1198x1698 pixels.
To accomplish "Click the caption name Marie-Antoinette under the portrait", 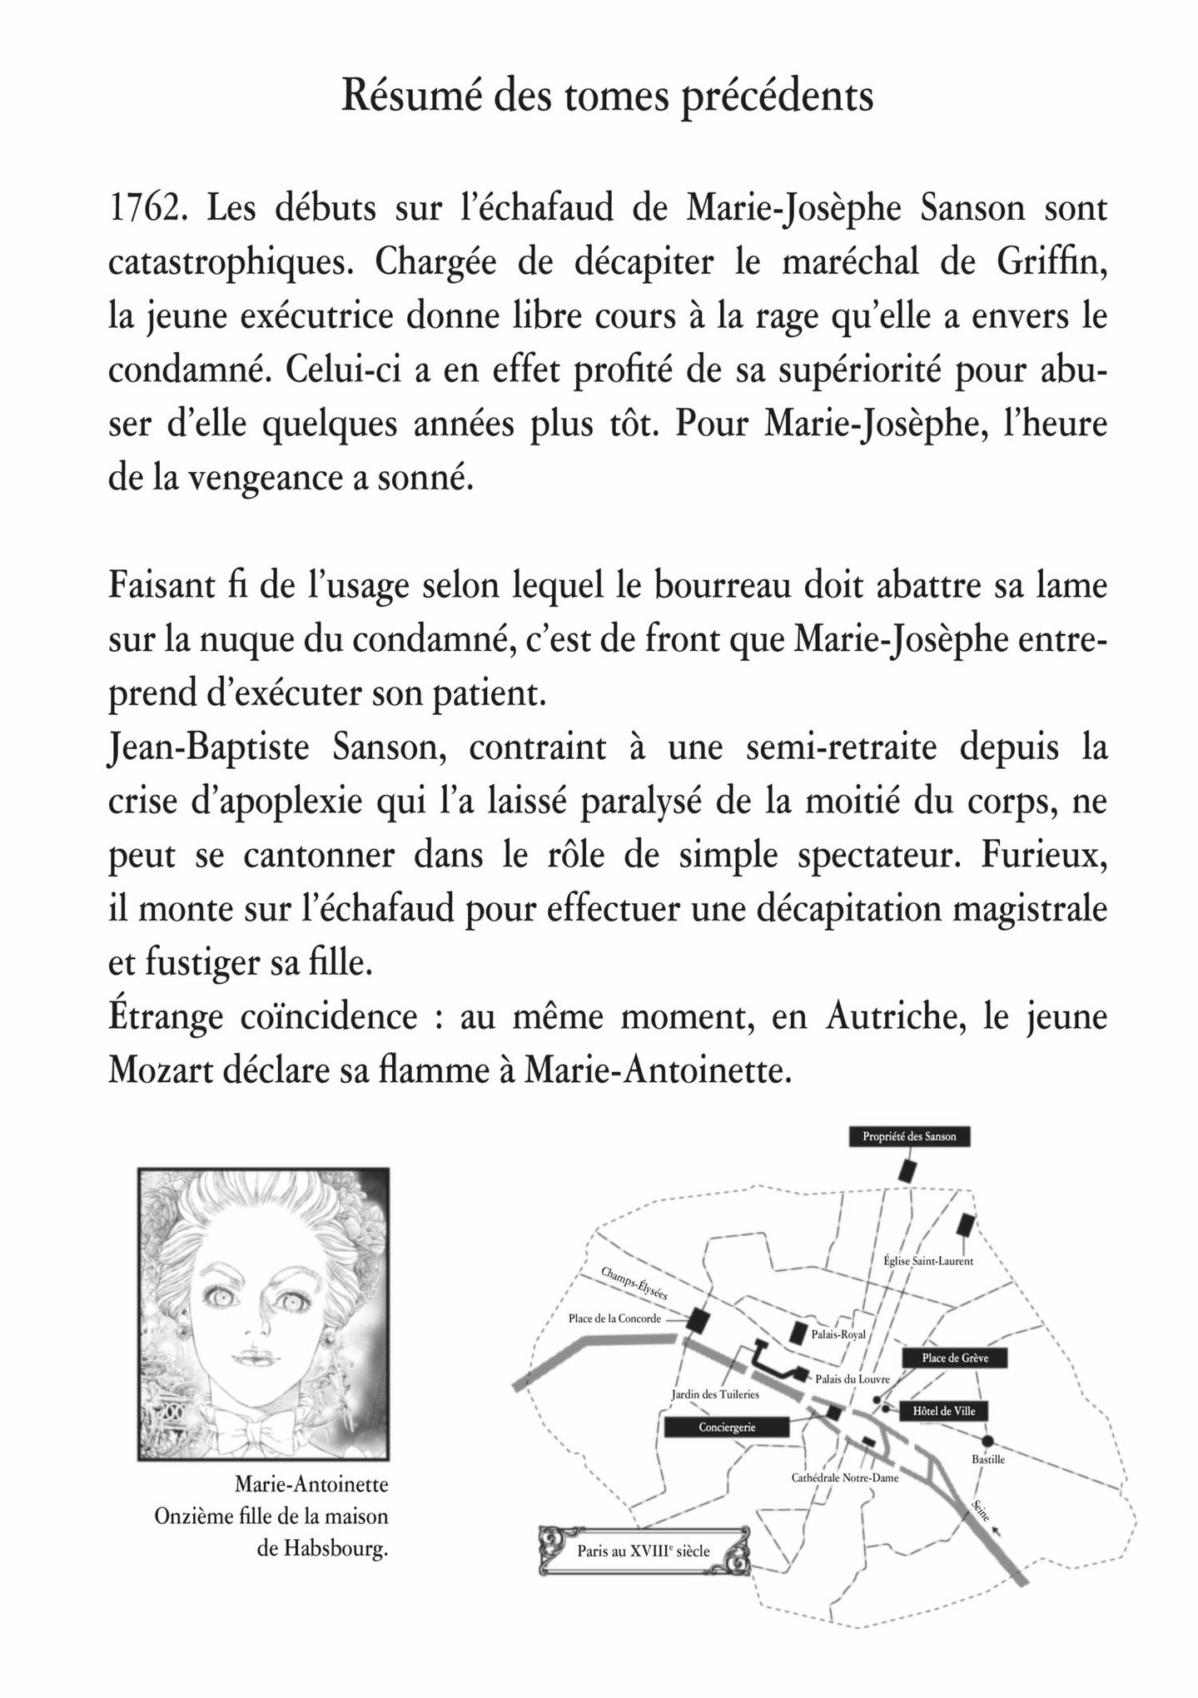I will [x=311, y=1485].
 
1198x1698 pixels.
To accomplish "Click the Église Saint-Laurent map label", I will [x=928, y=1261].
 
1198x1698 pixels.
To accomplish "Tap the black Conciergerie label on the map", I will [x=727, y=1427].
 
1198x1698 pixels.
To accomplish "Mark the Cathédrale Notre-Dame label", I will [x=845, y=1478].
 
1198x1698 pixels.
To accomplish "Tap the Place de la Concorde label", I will [x=614, y=1318].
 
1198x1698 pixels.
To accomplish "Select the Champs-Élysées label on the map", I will [x=634, y=1286].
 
